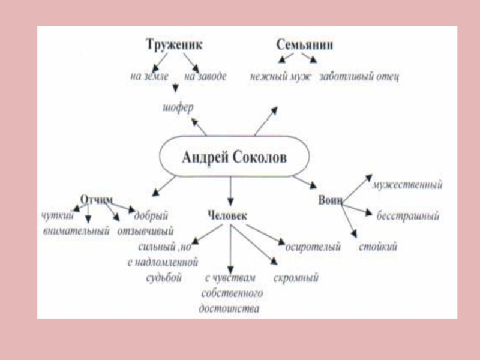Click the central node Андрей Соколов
click(x=234, y=159)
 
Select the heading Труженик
click(x=174, y=44)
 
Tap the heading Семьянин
click(x=305, y=45)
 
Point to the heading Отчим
click(x=97, y=197)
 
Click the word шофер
click(x=178, y=109)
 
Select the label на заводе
click(x=205, y=77)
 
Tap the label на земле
click(x=149, y=77)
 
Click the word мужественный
click(x=407, y=185)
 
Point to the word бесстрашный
click(x=408, y=216)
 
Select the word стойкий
click(x=378, y=247)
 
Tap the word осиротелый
click(x=313, y=247)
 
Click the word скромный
click(x=296, y=278)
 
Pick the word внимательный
click(x=77, y=231)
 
